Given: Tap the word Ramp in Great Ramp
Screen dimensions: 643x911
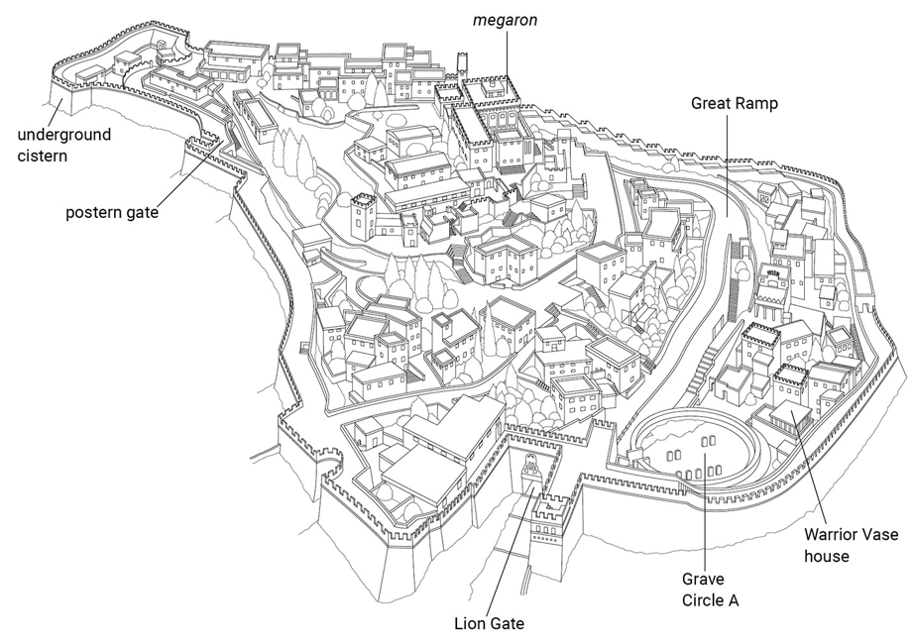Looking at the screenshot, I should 756,101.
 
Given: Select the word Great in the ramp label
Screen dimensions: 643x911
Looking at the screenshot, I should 711,101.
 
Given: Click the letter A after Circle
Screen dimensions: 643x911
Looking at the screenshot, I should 743,598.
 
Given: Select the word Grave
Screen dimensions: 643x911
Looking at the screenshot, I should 703,578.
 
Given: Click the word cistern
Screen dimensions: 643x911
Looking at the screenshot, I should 46,156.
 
